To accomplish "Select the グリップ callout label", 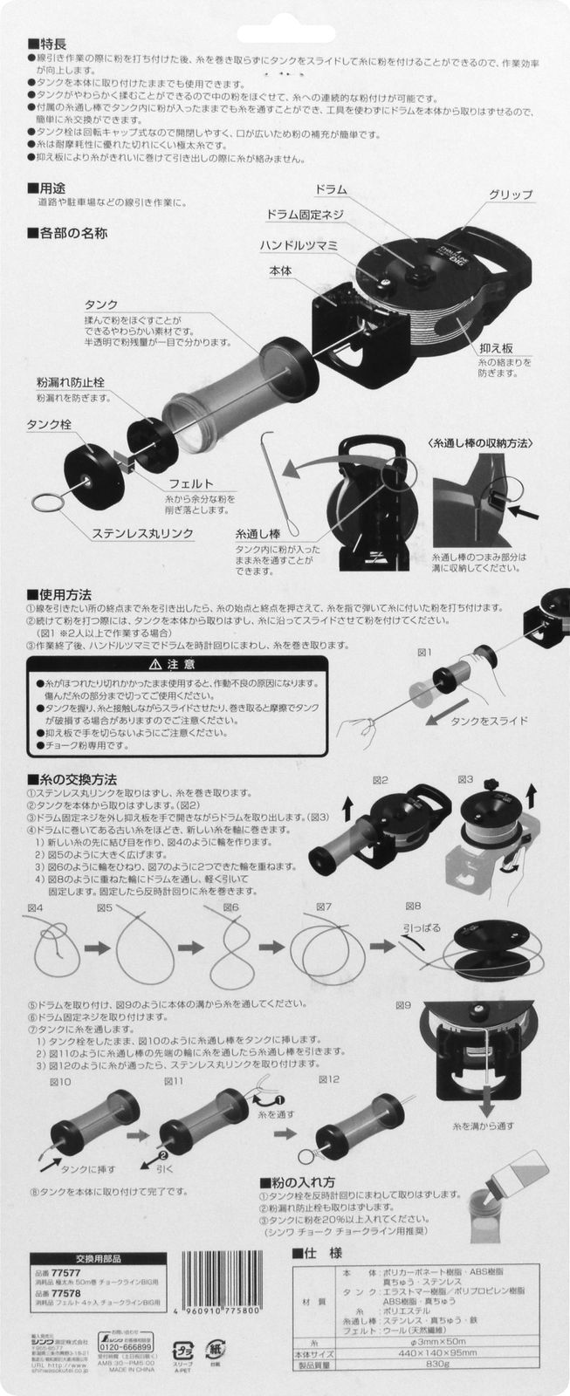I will [x=511, y=194].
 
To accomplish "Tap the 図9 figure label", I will [x=403, y=1004].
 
